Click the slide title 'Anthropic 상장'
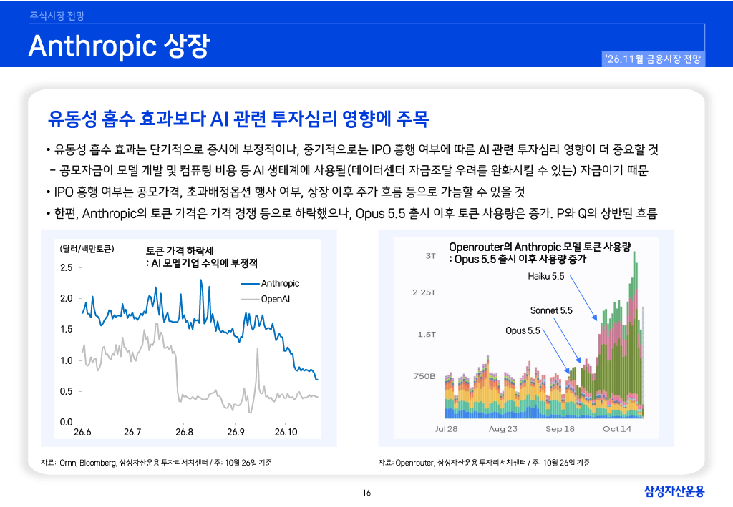[120, 46]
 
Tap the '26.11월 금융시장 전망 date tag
[653, 59]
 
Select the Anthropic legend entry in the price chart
[270, 283]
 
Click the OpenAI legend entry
[266, 299]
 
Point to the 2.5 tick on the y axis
[67, 267]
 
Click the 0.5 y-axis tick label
[67, 391]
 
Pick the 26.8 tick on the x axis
[184, 432]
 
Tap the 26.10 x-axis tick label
[286, 432]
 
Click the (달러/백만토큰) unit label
[87, 249]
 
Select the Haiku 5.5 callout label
[546, 276]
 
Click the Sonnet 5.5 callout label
[551, 310]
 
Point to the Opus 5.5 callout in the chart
[523, 330]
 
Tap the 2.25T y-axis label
[424, 292]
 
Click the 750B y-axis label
[424, 376]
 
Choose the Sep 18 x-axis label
[560, 429]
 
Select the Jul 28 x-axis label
[447, 429]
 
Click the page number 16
[366, 493]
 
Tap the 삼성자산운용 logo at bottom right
[674, 491]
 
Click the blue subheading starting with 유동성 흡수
[238, 119]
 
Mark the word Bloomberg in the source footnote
[97, 463]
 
